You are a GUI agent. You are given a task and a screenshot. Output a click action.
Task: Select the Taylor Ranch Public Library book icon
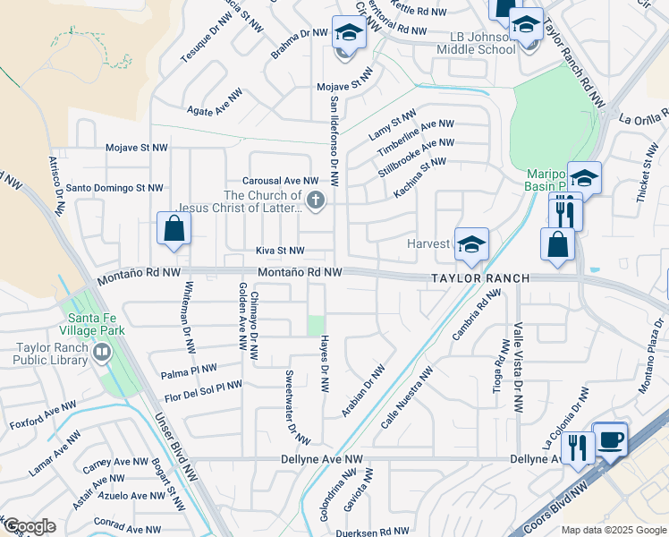click(101, 354)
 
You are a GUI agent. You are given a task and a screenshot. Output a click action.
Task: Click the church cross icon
click(314, 200)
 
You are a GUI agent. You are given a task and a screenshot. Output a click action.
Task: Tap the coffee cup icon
click(611, 439)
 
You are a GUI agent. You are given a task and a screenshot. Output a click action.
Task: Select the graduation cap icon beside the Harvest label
click(471, 243)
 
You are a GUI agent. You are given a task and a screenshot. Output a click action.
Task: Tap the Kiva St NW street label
click(280, 251)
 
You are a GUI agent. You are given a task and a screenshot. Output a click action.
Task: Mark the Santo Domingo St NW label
click(114, 188)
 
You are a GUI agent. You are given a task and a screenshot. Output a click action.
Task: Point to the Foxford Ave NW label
click(43, 413)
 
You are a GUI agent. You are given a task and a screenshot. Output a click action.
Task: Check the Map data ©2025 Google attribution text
click(614, 530)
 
